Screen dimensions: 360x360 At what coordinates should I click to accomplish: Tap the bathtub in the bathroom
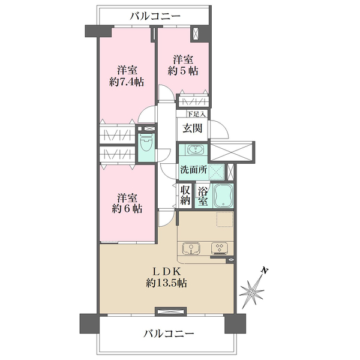coord(223,196)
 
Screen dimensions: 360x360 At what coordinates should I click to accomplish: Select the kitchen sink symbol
coord(191,249)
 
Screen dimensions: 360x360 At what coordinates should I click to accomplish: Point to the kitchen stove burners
coord(220,248)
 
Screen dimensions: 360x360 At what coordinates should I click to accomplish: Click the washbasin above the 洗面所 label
coord(196,150)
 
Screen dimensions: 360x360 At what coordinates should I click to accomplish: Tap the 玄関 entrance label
coord(193,128)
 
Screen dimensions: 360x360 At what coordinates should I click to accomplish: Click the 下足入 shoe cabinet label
coord(196,114)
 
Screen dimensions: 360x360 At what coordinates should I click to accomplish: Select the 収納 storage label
coord(185,196)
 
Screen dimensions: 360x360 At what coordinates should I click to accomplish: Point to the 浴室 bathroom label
coord(203,196)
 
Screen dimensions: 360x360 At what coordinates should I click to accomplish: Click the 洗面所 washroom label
coord(194,170)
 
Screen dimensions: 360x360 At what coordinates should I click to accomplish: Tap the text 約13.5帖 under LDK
coord(166,283)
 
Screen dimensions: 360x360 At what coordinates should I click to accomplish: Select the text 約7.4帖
coord(127,82)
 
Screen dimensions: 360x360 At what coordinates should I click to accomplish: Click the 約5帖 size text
coord(183,71)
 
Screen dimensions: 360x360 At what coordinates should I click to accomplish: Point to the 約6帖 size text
coord(127,208)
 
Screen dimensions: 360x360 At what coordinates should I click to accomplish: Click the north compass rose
coord(252,292)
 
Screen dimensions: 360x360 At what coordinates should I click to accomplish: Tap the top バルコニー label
coord(155,16)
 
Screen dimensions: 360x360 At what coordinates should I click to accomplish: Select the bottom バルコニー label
coord(169,334)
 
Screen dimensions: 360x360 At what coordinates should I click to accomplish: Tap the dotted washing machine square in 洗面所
coord(217,172)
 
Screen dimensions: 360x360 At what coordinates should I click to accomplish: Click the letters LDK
coord(167,272)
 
